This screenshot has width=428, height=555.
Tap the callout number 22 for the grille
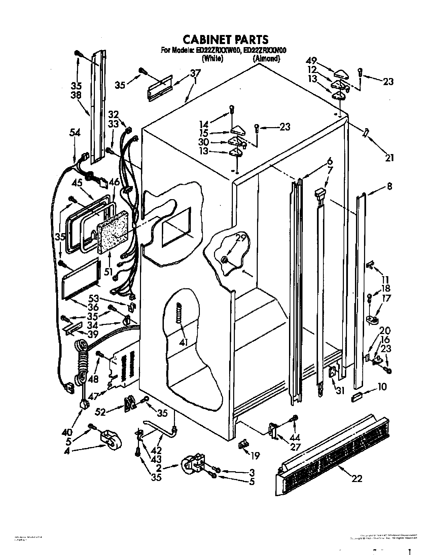point(357,478)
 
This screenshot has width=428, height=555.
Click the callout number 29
point(241,238)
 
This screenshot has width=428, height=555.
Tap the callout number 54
point(75,133)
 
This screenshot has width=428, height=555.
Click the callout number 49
point(312,61)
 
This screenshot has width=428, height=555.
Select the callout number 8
point(389,186)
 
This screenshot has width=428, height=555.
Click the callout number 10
point(382,387)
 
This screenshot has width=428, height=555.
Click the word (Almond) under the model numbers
point(266,58)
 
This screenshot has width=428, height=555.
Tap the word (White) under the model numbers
point(212,58)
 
